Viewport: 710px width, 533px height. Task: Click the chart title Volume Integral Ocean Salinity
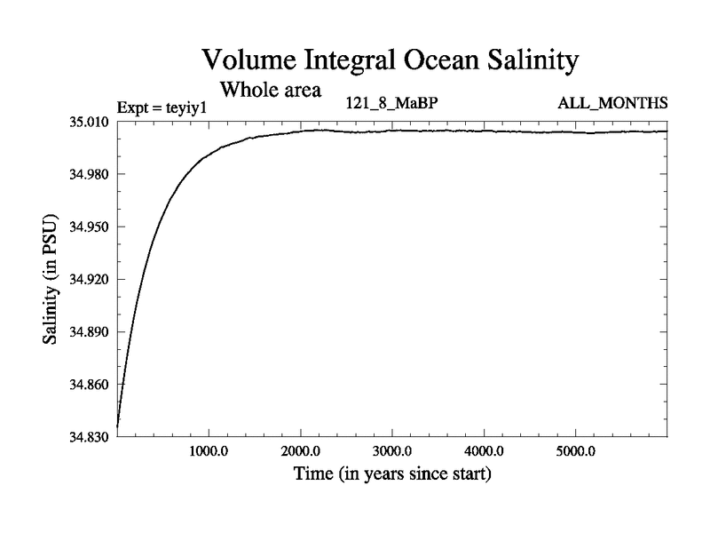click(390, 60)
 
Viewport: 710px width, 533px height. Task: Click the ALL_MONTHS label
click(612, 104)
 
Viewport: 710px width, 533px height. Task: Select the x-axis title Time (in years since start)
click(391, 474)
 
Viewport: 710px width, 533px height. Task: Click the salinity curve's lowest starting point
click(118, 427)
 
